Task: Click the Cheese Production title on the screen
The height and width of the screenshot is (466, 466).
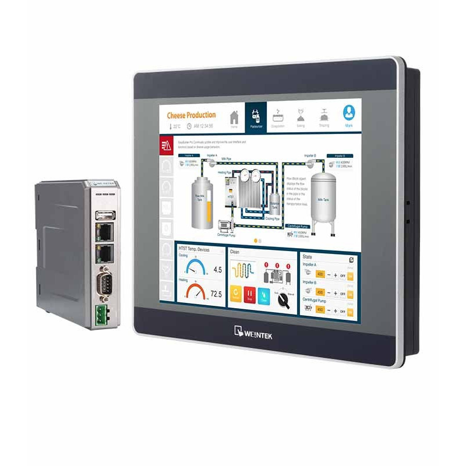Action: [191, 115]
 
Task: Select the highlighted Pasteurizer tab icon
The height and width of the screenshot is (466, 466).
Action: [255, 116]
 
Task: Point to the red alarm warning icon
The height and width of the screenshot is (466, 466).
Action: [165, 144]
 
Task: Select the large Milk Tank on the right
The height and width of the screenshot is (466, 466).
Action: [323, 198]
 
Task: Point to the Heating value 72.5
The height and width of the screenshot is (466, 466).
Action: [216, 294]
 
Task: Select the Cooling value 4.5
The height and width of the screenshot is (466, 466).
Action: [218, 270]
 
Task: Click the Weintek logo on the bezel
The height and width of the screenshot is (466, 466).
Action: [257, 333]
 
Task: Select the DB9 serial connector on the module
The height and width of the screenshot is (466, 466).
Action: [105, 286]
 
